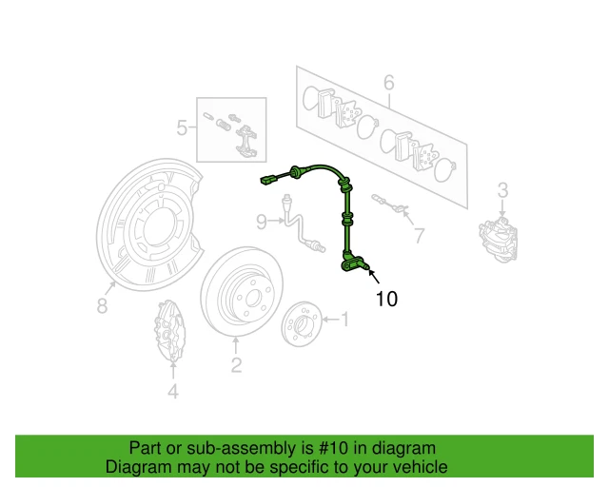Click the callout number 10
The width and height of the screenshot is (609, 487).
[x=386, y=299]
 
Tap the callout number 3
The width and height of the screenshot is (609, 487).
[x=504, y=188]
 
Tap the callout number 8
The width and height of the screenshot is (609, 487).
[x=261, y=222]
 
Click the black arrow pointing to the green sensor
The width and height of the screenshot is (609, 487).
[x=371, y=277]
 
